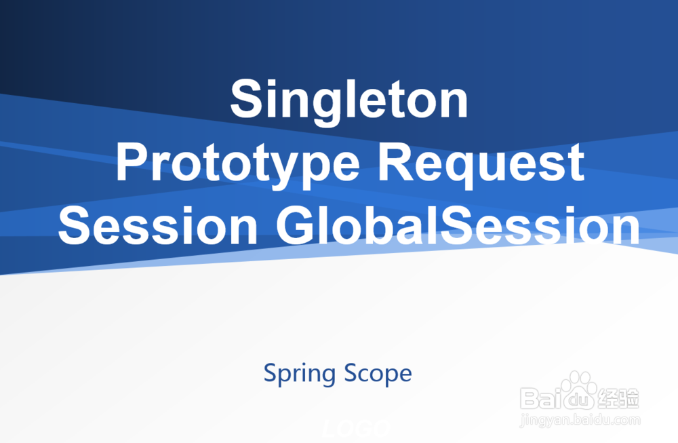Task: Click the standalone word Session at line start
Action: pos(158,225)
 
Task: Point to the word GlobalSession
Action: pos(458,225)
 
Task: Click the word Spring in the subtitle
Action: pos(300,374)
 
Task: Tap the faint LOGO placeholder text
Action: pos(357,428)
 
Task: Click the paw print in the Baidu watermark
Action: pos(578,389)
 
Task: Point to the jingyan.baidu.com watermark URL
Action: pos(580,420)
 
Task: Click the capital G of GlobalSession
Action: pos(296,225)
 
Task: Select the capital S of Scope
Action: pos(351,373)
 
